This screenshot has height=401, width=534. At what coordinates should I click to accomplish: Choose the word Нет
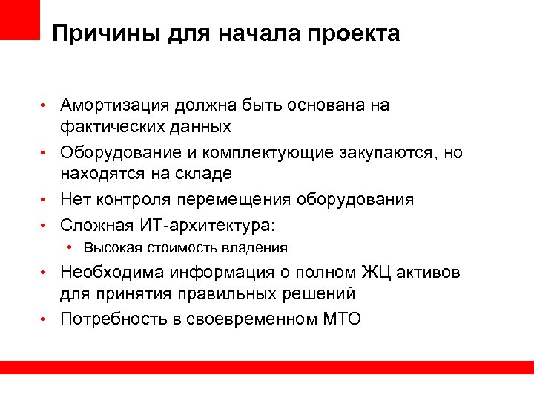coord(76,200)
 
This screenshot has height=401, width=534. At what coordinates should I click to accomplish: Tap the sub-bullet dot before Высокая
coord(68,247)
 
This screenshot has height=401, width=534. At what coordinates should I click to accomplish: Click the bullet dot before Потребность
coord(45,319)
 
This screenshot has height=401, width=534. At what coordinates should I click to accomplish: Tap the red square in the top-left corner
coord(19,19)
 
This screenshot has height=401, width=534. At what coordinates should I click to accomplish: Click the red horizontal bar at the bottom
coord(267,368)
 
